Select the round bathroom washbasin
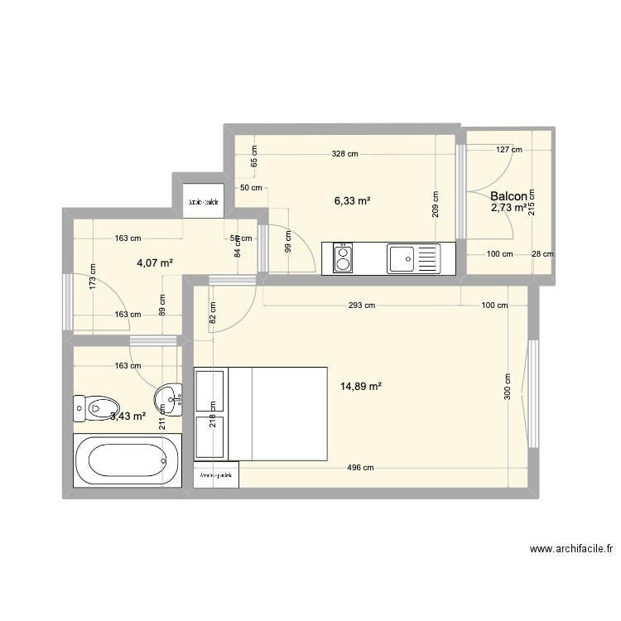click(171, 398)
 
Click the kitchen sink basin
click(405, 258)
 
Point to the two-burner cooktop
click(343, 258)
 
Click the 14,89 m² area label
click(360, 386)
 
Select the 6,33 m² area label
click(352, 200)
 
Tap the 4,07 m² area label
click(155, 262)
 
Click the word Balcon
click(508, 196)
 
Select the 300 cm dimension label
click(508, 386)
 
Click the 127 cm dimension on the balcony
click(509, 150)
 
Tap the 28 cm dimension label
click(542, 254)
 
